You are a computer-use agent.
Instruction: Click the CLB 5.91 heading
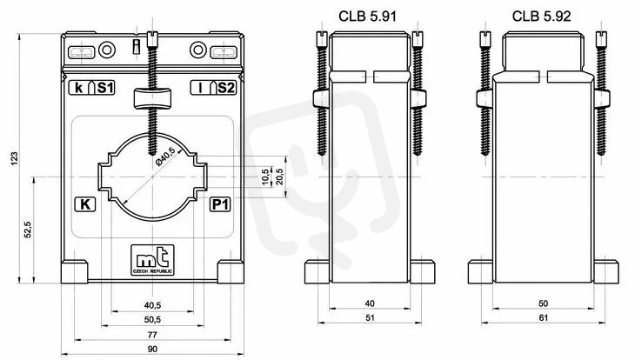[x=367, y=17]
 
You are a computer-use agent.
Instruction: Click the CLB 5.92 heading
[x=541, y=17]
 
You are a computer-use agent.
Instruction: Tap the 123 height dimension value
[x=15, y=159]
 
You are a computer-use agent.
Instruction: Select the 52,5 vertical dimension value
[x=28, y=230]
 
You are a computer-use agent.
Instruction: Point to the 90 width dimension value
[x=152, y=349]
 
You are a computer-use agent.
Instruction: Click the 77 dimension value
[x=152, y=335]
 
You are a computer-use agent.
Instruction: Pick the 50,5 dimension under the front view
[x=152, y=319]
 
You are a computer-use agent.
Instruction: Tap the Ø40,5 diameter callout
[x=166, y=157]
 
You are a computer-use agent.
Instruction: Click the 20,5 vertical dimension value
[x=279, y=177]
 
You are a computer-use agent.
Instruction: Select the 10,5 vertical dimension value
[x=265, y=177]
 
